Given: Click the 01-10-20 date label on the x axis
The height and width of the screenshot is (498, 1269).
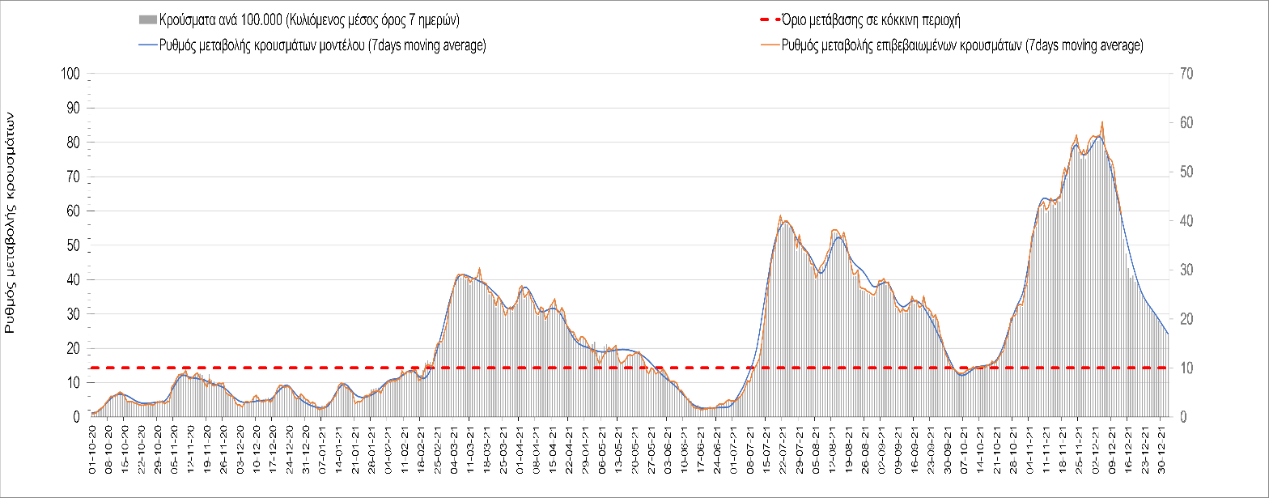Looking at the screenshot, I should tap(93, 445).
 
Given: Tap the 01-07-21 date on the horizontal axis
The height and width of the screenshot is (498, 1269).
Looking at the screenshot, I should tap(734, 445).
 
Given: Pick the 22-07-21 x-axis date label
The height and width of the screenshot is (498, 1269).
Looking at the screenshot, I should tap(783, 445).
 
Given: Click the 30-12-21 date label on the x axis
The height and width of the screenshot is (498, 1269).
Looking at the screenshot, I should tap(1162, 445).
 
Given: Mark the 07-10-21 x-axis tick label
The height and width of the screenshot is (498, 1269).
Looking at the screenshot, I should tap(965, 445).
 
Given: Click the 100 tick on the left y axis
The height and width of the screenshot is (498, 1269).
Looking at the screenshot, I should tap(71, 74).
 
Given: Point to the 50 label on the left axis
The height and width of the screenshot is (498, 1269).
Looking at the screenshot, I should tap(74, 245).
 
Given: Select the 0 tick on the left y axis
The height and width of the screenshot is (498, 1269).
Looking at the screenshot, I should tap(77, 416).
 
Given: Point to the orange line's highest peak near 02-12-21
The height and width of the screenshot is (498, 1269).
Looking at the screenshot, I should tap(1102, 122).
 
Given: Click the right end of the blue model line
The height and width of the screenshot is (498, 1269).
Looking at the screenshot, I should tap(1168, 334).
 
